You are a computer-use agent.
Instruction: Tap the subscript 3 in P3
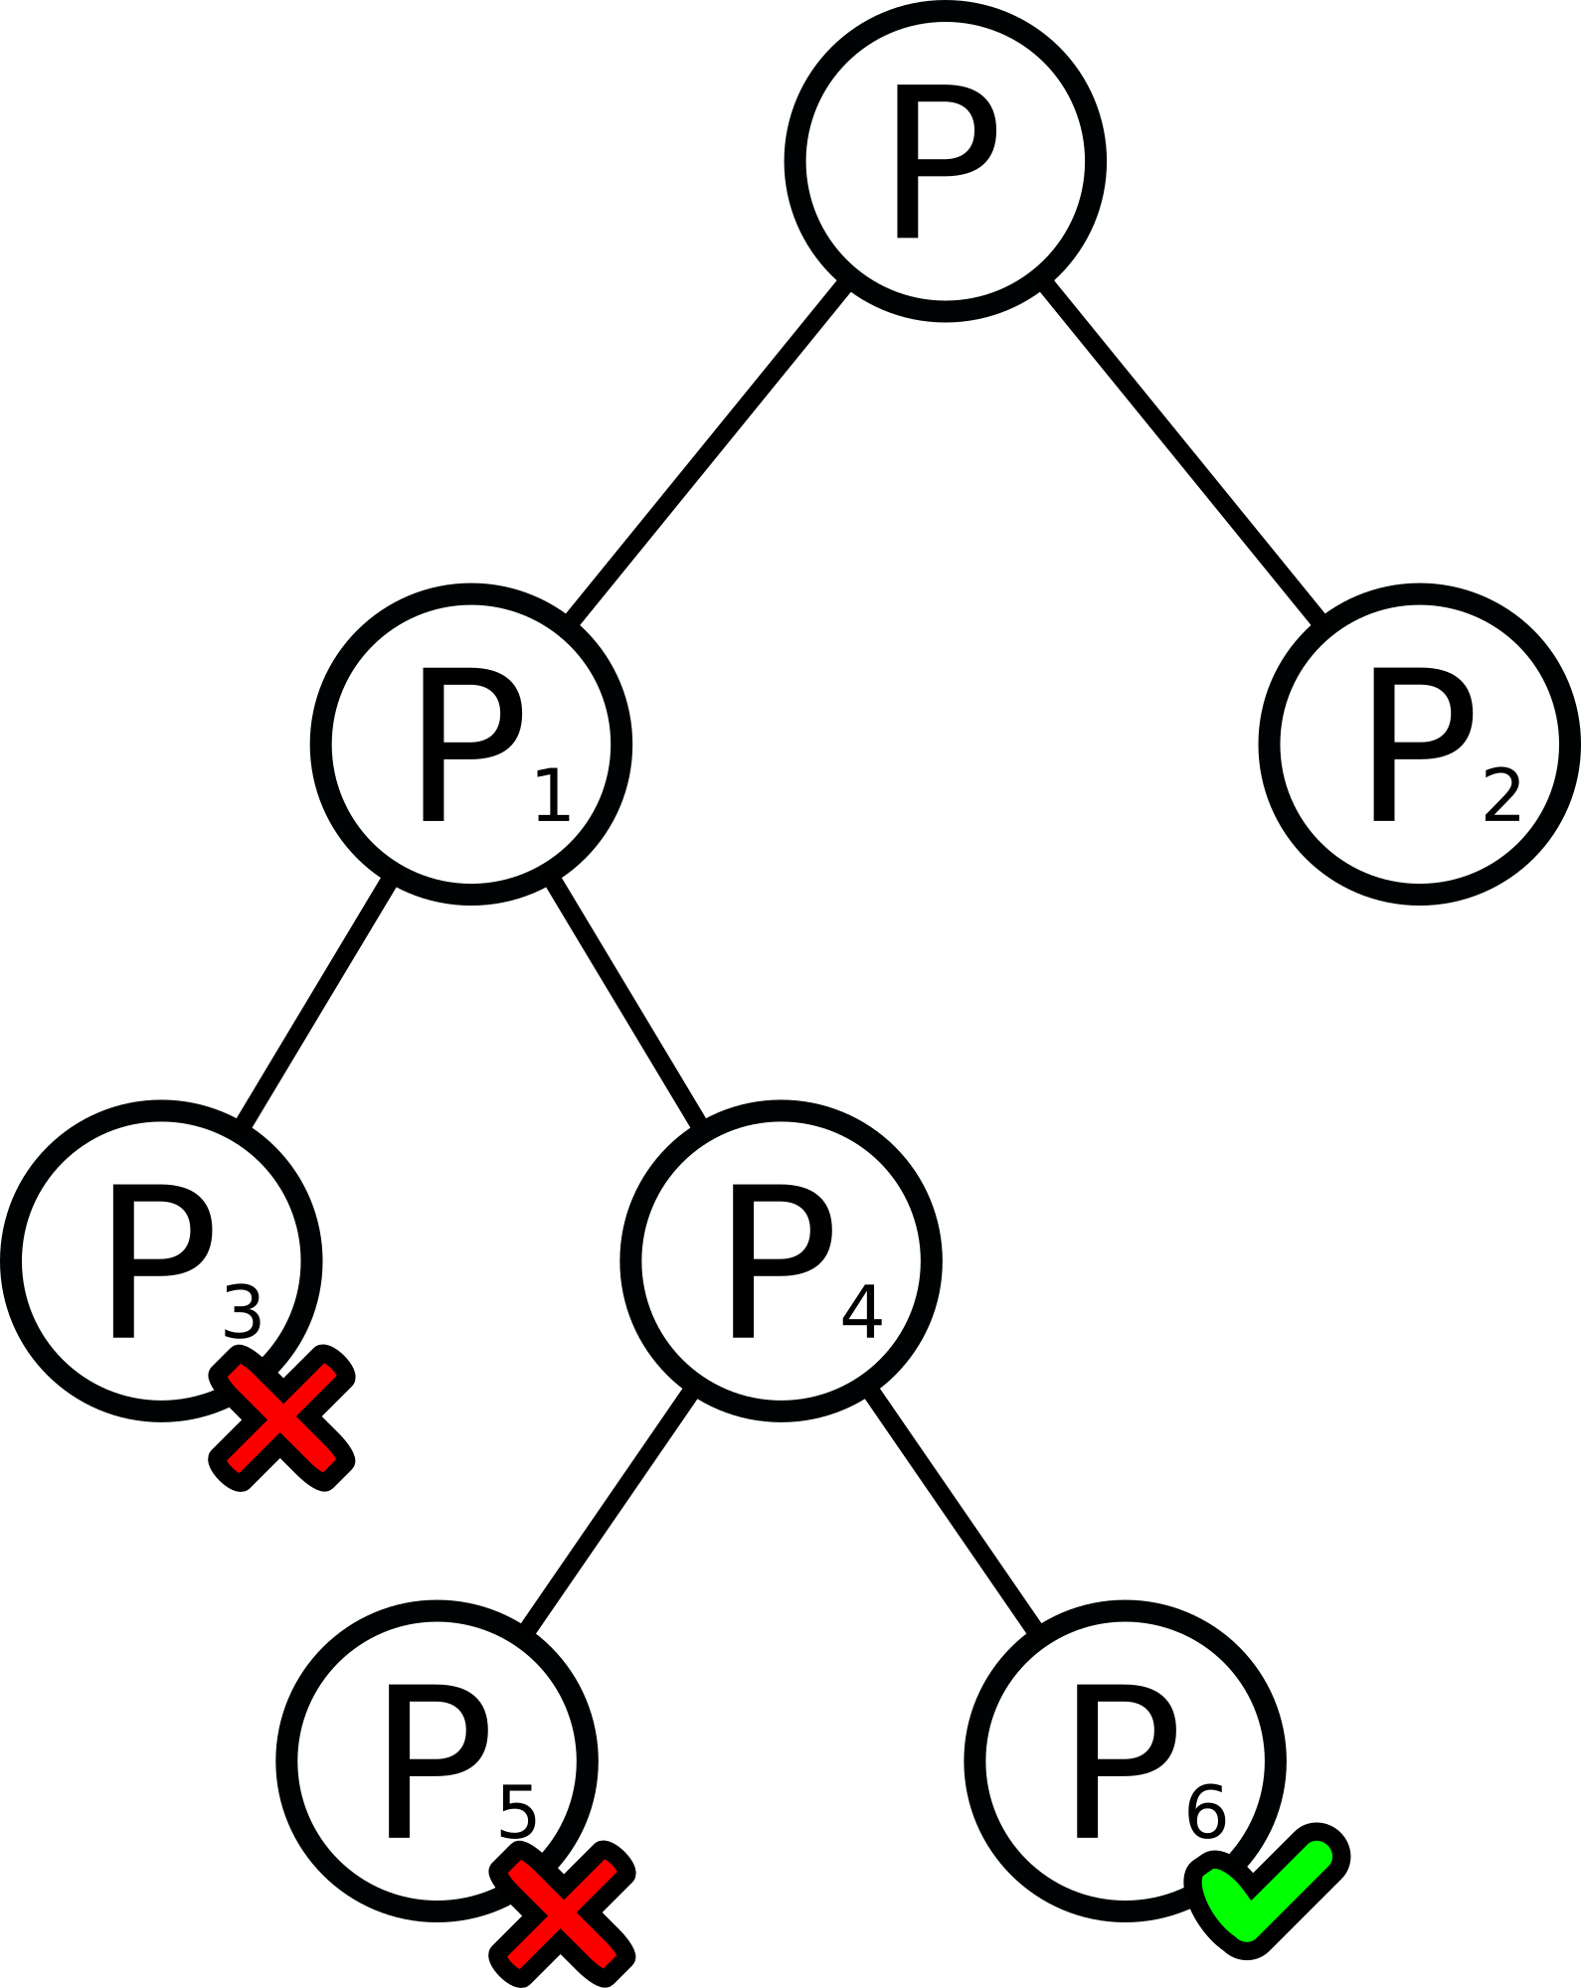tap(243, 1312)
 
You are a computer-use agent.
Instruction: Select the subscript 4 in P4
tap(861, 1312)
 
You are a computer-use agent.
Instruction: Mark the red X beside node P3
tap(281, 1418)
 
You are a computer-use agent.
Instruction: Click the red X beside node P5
tap(562, 1914)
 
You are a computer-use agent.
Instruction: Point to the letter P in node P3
tap(159, 1260)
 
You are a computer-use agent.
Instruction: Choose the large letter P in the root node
tap(943, 161)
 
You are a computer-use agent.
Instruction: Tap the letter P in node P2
tap(1420, 744)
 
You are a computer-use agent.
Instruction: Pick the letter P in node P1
tap(469, 744)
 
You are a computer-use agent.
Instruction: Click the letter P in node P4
tap(780, 1260)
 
